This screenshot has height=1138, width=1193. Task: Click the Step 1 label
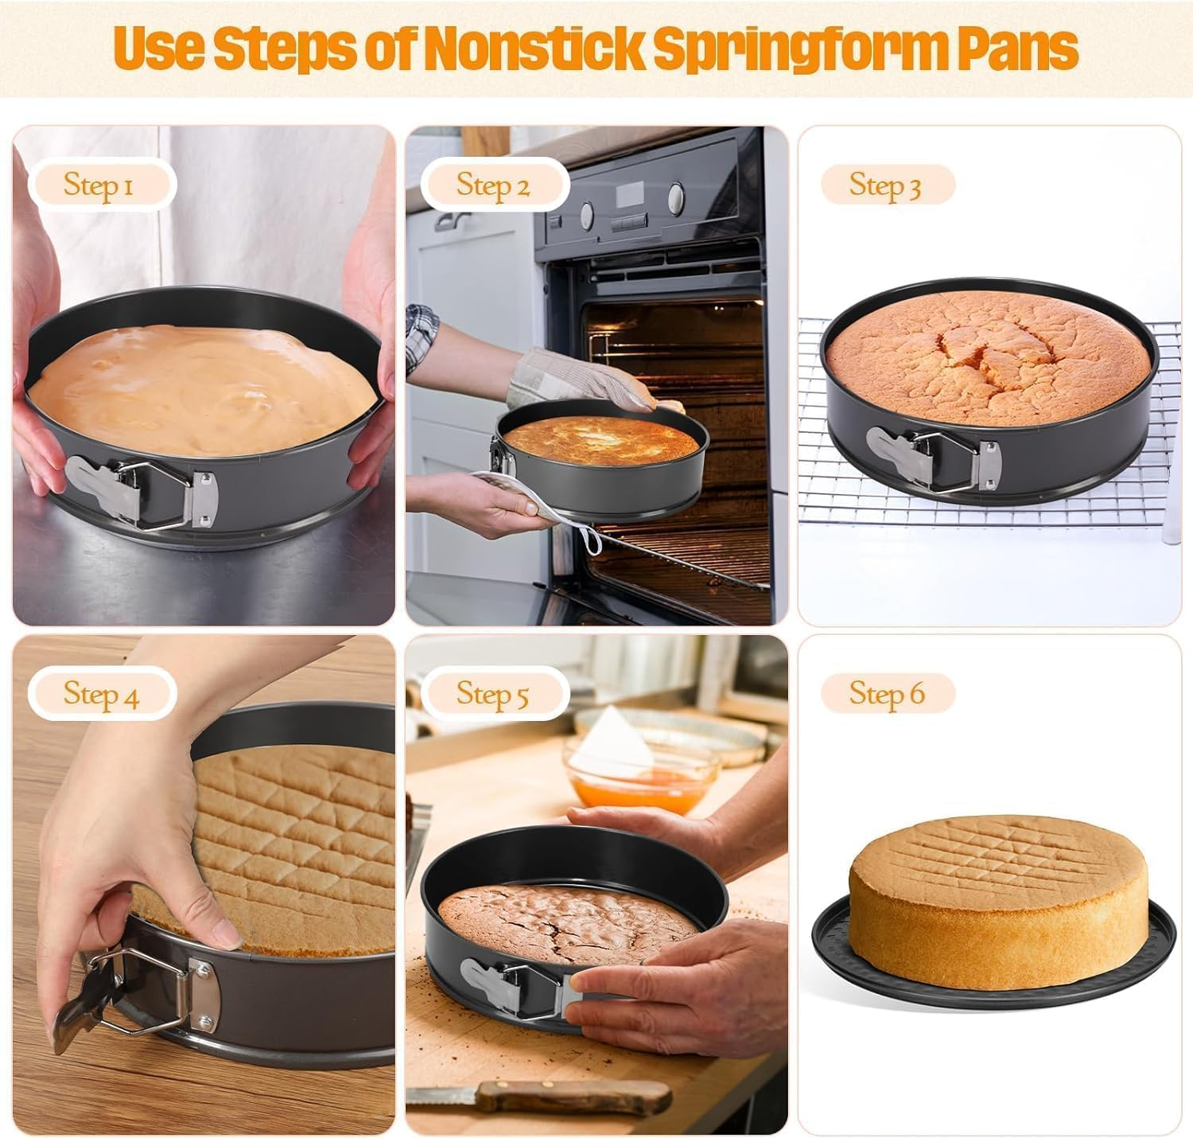point(99,185)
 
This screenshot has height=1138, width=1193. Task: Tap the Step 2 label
point(492,185)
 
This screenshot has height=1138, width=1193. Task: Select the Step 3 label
point(885,185)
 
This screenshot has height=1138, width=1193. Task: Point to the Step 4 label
point(101,693)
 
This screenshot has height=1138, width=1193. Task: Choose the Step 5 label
point(492,693)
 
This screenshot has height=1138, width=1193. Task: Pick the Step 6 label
point(887,693)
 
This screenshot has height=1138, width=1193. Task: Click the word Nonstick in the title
point(532,48)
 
